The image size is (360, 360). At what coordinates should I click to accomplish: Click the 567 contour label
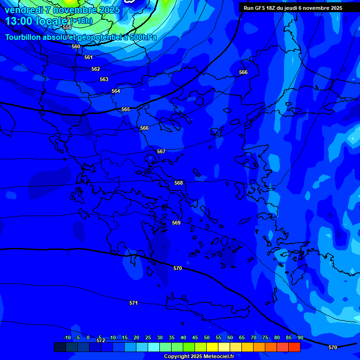click(161, 151)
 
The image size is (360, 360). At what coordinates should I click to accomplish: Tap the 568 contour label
click(179, 183)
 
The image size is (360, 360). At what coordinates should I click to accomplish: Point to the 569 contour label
click(176, 223)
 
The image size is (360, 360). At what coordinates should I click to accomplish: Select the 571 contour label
click(134, 303)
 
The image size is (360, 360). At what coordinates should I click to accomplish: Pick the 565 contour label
click(126, 109)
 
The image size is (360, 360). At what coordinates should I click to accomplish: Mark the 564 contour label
click(116, 91)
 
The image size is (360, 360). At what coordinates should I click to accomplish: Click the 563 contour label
click(104, 79)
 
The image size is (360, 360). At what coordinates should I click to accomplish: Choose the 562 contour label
click(96, 69)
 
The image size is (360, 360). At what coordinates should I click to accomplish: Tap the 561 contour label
click(89, 57)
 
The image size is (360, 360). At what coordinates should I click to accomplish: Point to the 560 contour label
click(76, 46)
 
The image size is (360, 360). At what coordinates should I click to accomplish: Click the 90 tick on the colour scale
click(300, 337)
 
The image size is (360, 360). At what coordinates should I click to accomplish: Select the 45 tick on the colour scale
click(195, 337)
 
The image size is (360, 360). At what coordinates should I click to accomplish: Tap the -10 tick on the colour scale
click(67, 337)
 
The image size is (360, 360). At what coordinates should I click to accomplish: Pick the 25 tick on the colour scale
click(148, 337)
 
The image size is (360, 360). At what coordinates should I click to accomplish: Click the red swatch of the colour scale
click(294, 347)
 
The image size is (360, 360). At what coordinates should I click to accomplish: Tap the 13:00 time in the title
click(18, 21)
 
